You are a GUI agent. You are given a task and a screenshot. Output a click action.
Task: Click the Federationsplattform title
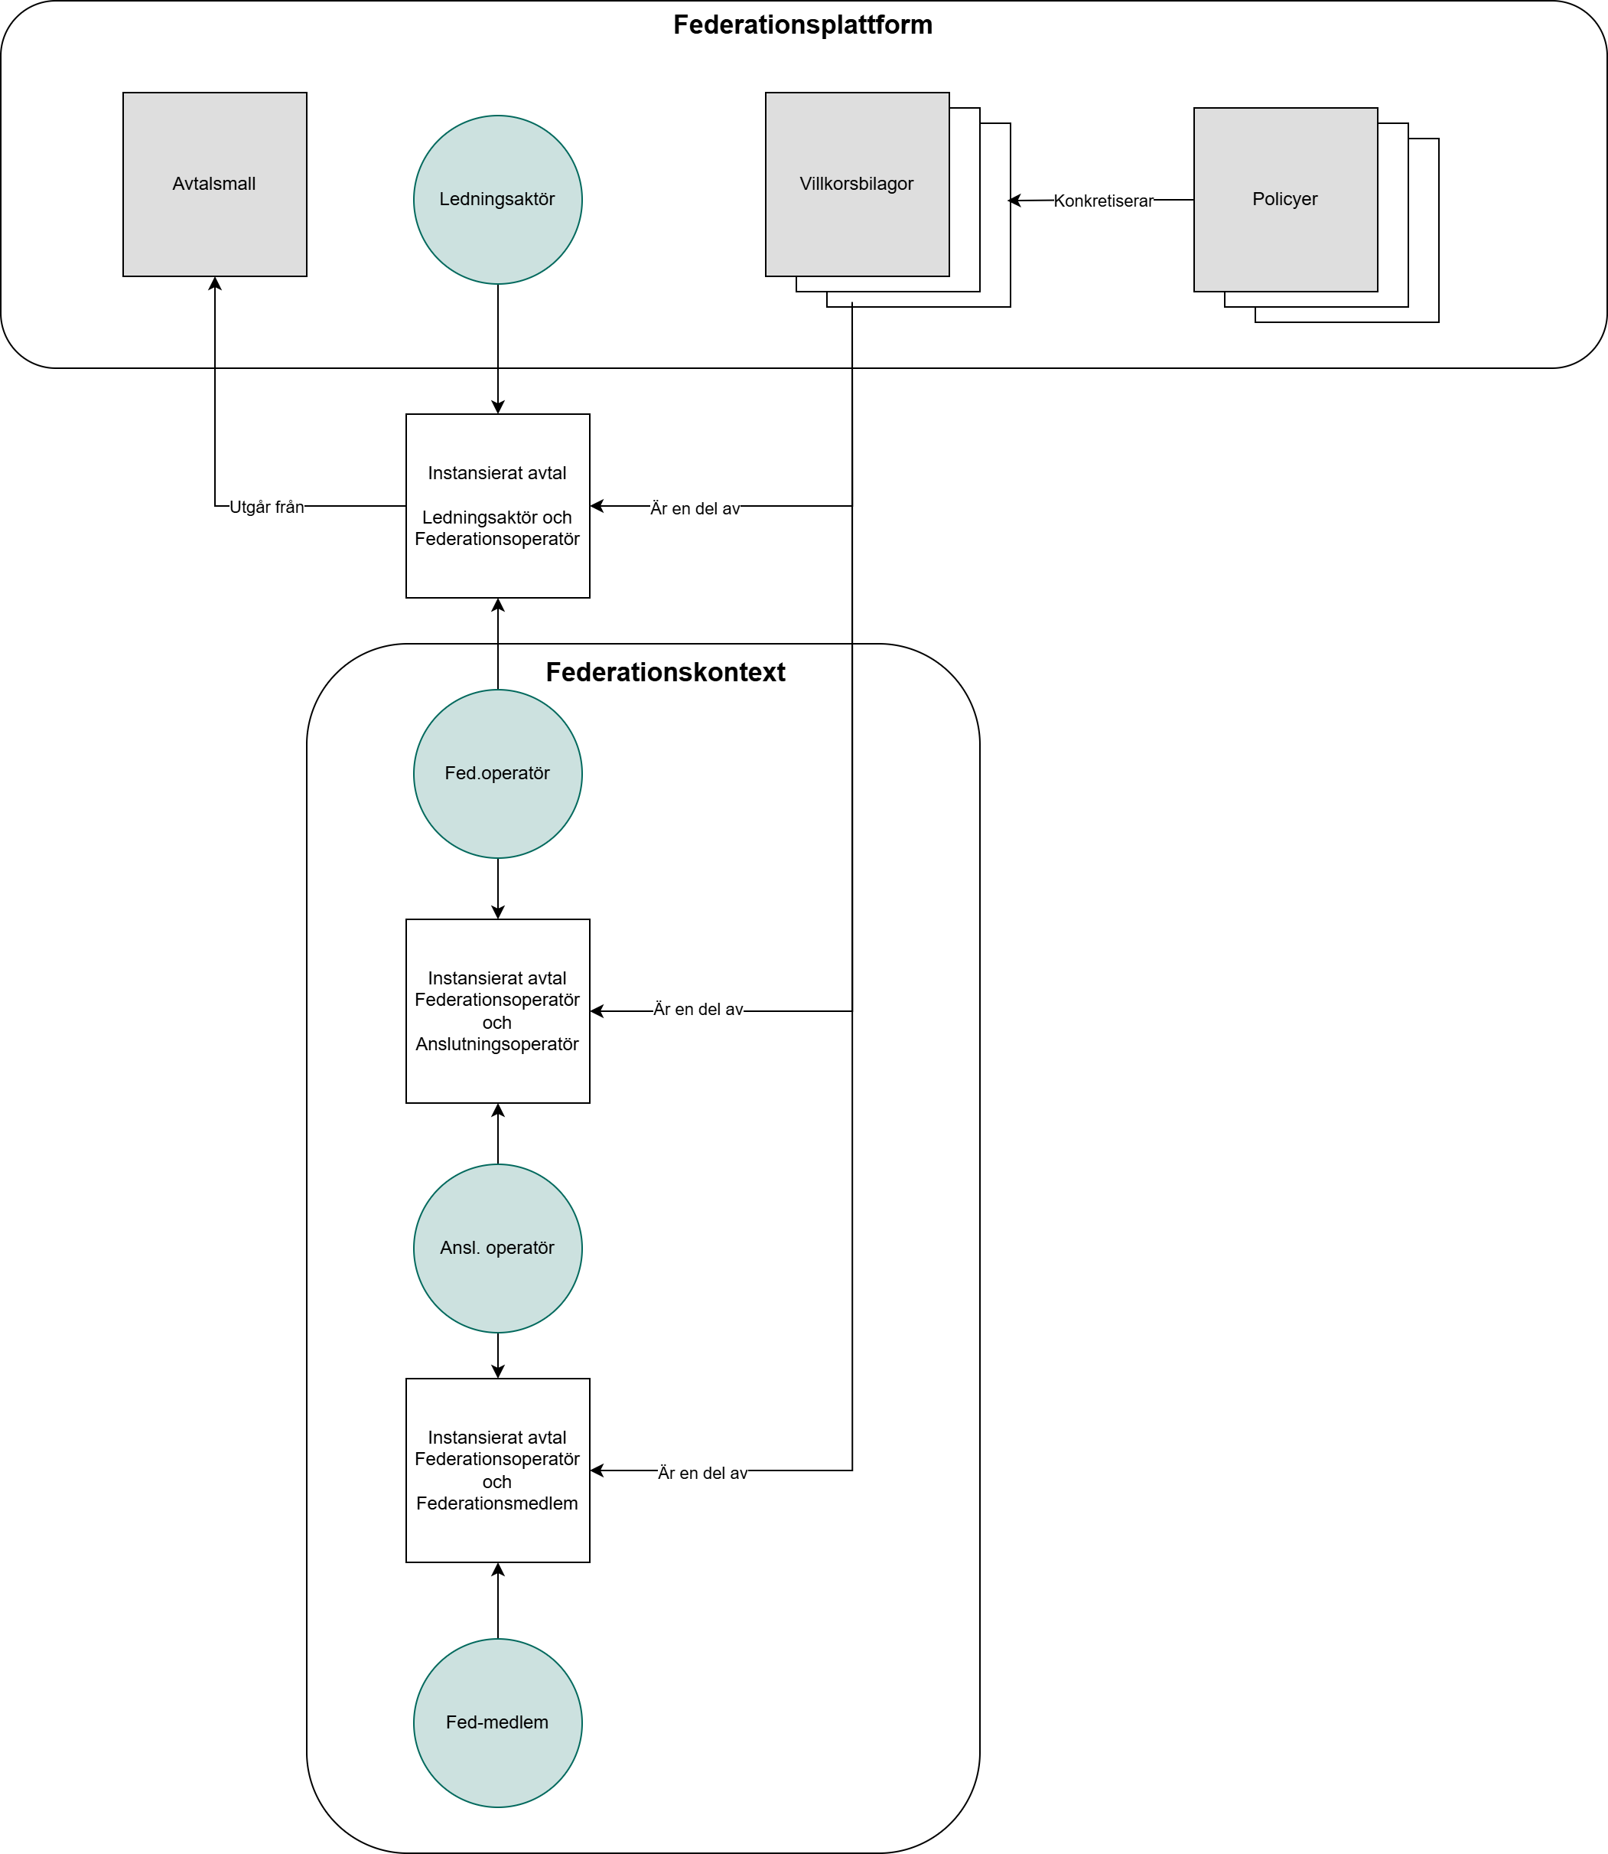coord(802,25)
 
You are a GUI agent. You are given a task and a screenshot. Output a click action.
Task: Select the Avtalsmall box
coord(214,184)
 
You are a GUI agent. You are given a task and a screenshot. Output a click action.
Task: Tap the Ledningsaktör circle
coord(497,199)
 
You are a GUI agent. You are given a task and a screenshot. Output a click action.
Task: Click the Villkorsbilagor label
coord(856,184)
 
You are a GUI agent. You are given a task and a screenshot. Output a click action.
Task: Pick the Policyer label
coord(1284,199)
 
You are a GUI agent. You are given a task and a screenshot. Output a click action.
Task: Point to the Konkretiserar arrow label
coord(1103,201)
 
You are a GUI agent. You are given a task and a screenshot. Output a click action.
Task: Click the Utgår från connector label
coord(266,508)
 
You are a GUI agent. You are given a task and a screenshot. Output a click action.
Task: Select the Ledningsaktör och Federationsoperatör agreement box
coord(497,505)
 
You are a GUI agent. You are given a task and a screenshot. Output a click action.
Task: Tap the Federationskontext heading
coord(665,672)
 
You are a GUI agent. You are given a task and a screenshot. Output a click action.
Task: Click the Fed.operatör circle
coord(497,773)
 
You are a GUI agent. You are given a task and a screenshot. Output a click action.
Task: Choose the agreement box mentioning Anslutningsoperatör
coord(497,1011)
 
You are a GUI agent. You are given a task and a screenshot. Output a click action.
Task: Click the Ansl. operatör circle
coord(497,1248)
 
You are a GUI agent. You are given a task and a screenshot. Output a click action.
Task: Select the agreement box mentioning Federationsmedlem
coord(497,1470)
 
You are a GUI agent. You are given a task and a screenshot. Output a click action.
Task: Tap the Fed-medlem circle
coord(497,1722)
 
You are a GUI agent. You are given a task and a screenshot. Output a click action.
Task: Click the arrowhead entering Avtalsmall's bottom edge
coord(214,284)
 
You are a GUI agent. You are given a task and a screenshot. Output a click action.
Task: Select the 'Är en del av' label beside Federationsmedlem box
coord(702,1474)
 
